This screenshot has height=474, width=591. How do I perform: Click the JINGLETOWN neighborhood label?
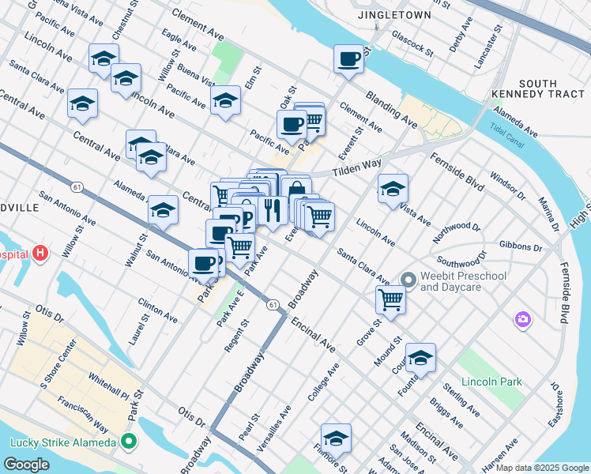(x=405, y=15)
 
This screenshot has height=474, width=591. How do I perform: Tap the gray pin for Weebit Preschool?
(x=408, y=280)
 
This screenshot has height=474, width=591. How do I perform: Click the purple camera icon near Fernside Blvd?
(x=522, y=319)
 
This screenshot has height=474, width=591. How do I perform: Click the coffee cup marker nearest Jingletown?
(x=348, y=58)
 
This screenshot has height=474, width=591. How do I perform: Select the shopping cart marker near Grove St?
(x=390, y=299)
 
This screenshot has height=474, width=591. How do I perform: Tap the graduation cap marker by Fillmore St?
(x=336, y=438)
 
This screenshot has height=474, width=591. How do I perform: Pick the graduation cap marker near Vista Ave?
(x=393, y=188)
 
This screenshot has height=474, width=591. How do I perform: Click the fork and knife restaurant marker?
(x=272, y=209)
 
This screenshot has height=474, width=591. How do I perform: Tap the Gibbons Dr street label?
(x=521, y=247)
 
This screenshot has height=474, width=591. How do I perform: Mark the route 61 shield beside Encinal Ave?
(x=273, y=304)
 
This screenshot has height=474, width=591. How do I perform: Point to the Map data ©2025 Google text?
(x=542, y=468)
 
